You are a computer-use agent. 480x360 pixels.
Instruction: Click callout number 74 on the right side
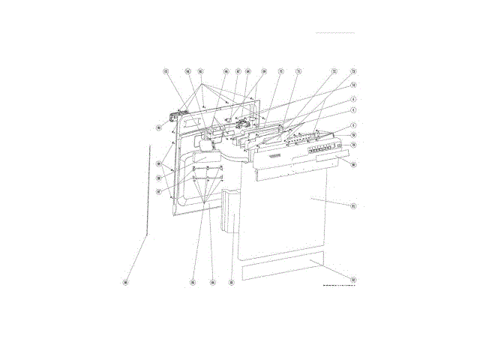coord(353,85)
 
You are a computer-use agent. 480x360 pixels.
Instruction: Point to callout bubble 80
coord(353,164)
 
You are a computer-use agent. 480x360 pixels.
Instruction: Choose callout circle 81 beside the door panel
coord(353,205)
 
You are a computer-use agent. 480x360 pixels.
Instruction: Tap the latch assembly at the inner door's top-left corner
coord(178,118)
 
